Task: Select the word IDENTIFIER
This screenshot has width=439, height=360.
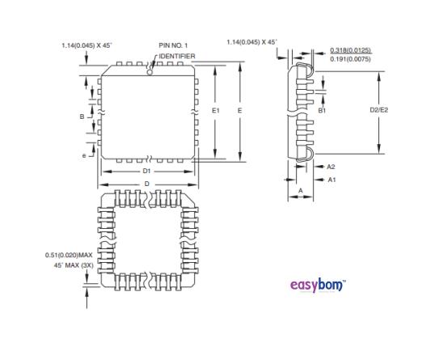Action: [x=176, y=56]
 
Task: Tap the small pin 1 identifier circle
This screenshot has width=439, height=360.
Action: [x=149, y=71]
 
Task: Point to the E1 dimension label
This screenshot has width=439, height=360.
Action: [x=215, y=108]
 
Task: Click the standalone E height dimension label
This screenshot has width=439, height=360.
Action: [x=241, y=108]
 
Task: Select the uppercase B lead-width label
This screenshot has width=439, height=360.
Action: [x=82, y=116]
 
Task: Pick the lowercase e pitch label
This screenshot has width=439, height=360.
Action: [x=83, y=155]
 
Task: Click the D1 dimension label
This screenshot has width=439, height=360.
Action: [x=146, y=172]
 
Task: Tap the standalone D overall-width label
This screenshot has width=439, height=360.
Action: [x=146, y=184]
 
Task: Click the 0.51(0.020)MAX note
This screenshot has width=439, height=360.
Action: [x=69, y=255]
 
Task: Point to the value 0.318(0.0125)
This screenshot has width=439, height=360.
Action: [x=351, y=50]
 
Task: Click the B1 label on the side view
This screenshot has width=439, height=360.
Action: [x=322, y=108]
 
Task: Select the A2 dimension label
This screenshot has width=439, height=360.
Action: [x=331, y=166]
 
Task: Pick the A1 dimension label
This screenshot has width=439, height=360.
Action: [x=331, y=179]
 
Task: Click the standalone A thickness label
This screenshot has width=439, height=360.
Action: [x=300, y=190]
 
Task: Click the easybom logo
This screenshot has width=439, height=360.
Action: [x=317, y=285]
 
